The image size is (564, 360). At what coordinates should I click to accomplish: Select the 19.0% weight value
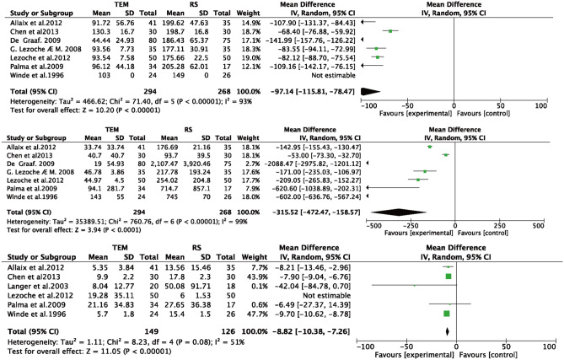tap(255, 58)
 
